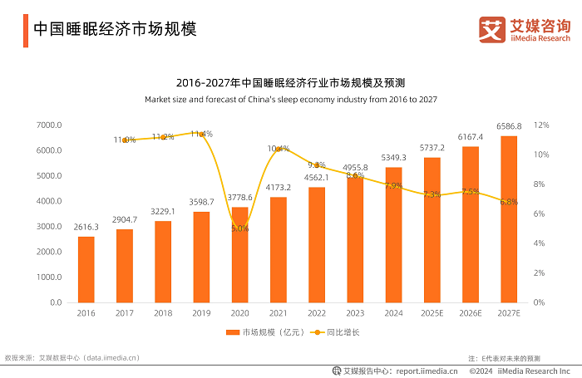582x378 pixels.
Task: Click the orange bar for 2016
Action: tap(86, 269)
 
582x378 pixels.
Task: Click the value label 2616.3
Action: tap(86, 227)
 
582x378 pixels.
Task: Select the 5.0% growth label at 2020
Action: tap(239, 228)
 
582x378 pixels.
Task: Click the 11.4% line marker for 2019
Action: tap(201, 134)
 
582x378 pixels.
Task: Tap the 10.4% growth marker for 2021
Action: tap(278, 149)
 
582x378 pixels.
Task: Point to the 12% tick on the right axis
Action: tap(541, 125)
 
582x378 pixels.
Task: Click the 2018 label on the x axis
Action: tap(163, 314)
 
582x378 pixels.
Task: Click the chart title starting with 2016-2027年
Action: tap(290, 82)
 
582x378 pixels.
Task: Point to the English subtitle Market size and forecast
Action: tap(290, 99)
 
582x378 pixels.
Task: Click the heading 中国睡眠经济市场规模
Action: tap(115, 28)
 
